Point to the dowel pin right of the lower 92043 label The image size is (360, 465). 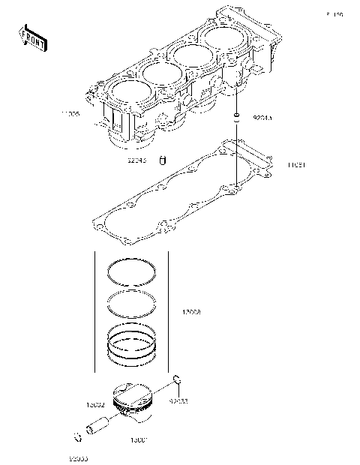click(x=162, y=159)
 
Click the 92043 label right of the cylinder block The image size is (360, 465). click(x=263, y=118)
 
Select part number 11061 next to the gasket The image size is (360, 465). click(x=296, y=164)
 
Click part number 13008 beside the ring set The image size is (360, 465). click(x=192, y=311)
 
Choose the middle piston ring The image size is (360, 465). click(x=132, y=304)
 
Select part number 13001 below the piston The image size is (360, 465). click(x=138, y=439)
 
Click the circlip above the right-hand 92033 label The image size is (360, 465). click(x=178, y=379)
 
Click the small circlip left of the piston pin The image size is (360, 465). click(x=77, y=437)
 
